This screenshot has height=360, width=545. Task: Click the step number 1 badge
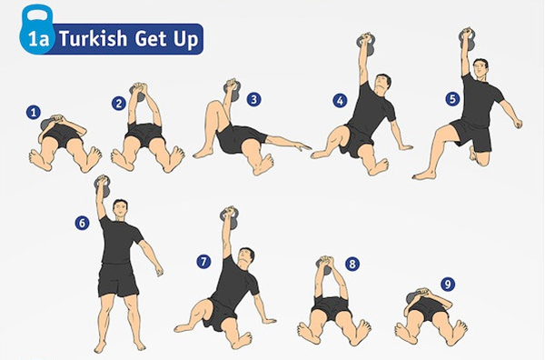pyautogui.click(x=34, y=113)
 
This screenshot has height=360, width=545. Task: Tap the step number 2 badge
pyautogui.click(x=118, y=103)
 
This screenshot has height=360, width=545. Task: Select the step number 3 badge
pyautogui.click(x=253, y=99)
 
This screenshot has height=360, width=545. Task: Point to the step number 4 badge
pyautogui.click(x=341, y=100)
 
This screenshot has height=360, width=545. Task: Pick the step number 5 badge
pyautogui.click(x=452, y=97)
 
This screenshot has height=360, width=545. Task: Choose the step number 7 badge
pyautogui.click(x=203, y=262)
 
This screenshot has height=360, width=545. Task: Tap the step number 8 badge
pyautogui.click(x=352, y=264)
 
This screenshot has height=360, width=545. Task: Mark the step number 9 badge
pyautogui.click(x=446, y=285)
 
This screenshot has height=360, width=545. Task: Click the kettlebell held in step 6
pyautogui.click(x=102, y=186)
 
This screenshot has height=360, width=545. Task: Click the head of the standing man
pyautogui.click(x=119, y=208)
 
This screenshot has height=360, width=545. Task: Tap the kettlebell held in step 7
pyautogui.click(x=229, y=216)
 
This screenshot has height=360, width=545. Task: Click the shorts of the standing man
pyautogui.click(x=118, y=280)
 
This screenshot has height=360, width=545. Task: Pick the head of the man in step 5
pyautogui.click(x=481, y=68)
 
